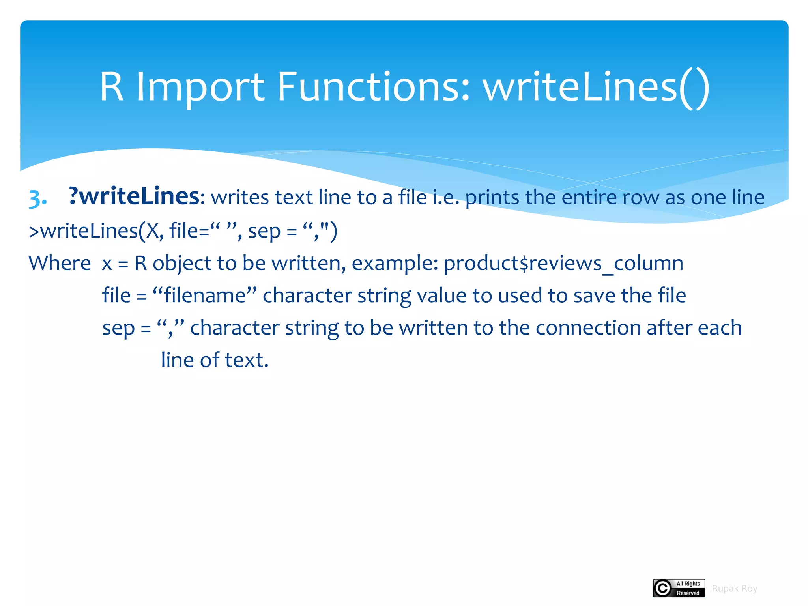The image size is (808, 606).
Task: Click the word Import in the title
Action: (200, 88)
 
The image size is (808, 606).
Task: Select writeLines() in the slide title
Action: (596, 88)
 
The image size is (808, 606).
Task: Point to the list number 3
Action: (37, 198)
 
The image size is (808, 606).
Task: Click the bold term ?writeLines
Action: (134, 196)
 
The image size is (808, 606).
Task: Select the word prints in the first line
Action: (492, 197)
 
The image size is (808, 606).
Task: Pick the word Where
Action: (60, 263)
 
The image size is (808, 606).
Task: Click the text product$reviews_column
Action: (563, 264)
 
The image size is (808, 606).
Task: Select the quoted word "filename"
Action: (205, 296)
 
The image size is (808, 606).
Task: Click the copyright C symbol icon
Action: (663, 588)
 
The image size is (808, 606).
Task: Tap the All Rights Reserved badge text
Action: (688, 588)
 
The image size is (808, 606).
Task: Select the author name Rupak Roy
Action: (734, 589)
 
